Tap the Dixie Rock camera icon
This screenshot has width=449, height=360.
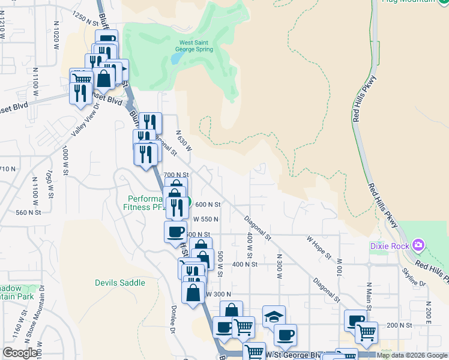(418, 245)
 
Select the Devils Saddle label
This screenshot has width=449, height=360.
(120, 283)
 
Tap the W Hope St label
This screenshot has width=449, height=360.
(319, 247)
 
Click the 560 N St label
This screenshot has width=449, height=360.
(28, 212)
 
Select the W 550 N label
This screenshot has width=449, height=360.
(205, 219)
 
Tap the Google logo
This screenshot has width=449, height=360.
(20, 353)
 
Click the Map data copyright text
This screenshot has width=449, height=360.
(411, 355)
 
